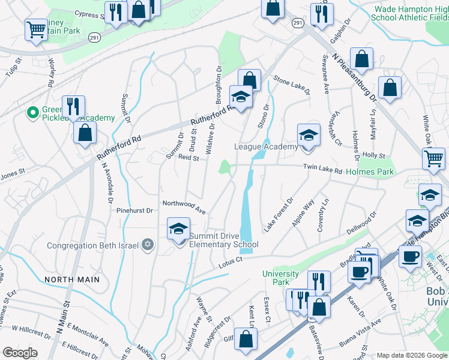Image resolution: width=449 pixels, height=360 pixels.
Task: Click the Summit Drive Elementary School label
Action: pyautogui.click(x=223, y=240)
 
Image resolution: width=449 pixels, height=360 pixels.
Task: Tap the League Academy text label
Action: pyautogui.click(x=265, y=147)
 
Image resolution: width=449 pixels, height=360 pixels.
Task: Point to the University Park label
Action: pyautogui.click(x=280, y=278)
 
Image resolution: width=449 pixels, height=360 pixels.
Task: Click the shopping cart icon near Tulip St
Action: pyautogui.click(x=36, y=30)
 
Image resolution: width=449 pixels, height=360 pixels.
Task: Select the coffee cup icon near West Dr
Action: pyautogui.click(x=410, y=256)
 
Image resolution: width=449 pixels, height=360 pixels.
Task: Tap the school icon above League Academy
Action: pyautogui.click(x=309, y=134)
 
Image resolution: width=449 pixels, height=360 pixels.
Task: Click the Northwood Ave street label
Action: pyautogui.click(x=184, y=207)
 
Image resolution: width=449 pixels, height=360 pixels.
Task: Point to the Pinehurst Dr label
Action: pyautogui.click(x=135, y=211)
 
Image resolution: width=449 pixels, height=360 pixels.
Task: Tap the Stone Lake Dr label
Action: pyautogui.click(x=292, y=85)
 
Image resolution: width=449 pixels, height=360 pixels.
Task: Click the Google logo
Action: pyautogui.click(x=20, y=353)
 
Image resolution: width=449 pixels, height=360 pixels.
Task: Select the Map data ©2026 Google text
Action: pyautogui.click(x=412, y=355)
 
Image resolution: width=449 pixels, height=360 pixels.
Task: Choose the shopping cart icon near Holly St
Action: pyautogui.click(x=433, y=158)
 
